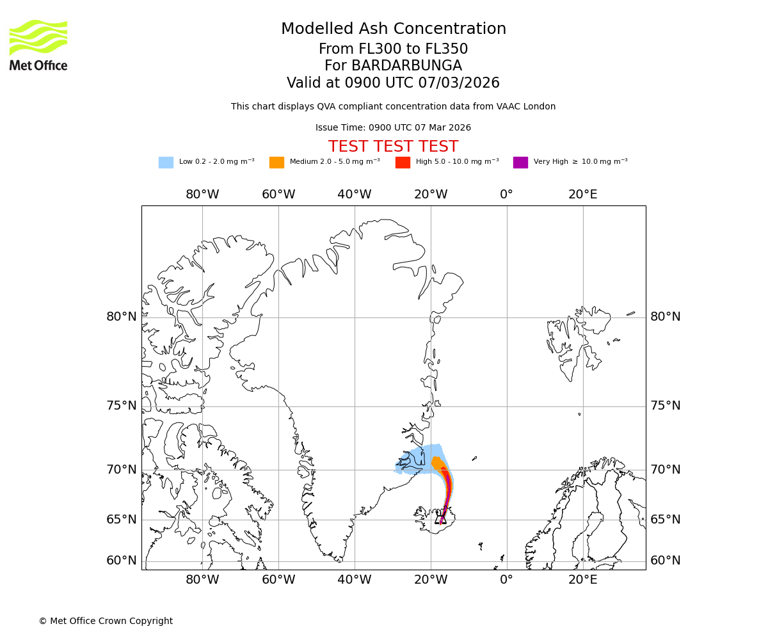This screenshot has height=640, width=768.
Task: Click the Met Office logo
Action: pos(38,45)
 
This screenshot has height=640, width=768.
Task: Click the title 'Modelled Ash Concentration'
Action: pos(393,29)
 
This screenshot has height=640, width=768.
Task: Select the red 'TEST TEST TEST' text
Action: pos(393,147)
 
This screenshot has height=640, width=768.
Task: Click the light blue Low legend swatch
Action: pos(166,163)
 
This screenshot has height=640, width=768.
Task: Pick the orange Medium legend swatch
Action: pos(276,163)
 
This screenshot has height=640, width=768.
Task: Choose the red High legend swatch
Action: pos(403,163)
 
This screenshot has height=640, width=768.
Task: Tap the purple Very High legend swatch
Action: pos(520,163)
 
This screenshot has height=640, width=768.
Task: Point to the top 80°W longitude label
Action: pos(202,195)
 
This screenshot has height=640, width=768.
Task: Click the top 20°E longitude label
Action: pos(582,195)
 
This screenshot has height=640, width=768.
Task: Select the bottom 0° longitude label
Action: pos(506,580)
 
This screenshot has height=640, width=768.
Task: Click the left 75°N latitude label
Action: pos(122,406)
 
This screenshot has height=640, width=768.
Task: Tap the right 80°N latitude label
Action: pos(666,317)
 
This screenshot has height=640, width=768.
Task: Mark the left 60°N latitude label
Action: pos(122,561)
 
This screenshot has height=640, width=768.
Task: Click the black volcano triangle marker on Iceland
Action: pos(440,519)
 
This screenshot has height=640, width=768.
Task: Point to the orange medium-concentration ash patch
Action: pos(438,463)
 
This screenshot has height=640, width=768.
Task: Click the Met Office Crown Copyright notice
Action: pos(106,621)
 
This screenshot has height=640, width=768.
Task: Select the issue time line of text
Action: pos(393,128)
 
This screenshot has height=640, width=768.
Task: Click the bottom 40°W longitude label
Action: pos(354,580)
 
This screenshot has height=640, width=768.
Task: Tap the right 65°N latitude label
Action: pos(666,520)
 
